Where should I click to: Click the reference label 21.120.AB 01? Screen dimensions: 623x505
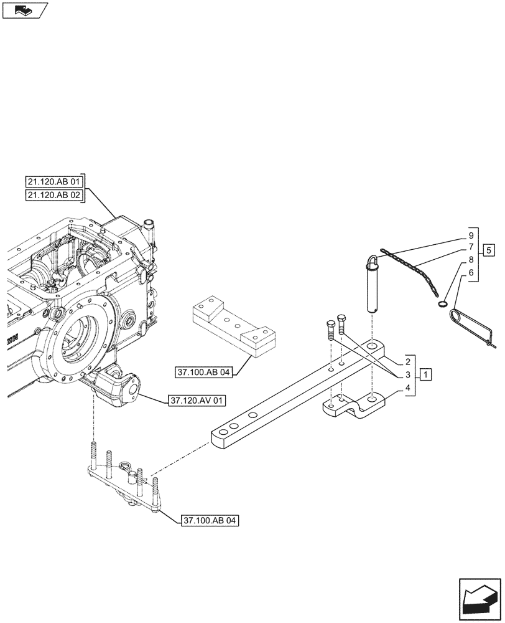[55, 181]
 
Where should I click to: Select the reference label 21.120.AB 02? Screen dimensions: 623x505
[55, 196]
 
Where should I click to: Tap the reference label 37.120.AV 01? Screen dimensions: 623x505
[195, 401]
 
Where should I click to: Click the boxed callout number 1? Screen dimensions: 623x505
[425, 374]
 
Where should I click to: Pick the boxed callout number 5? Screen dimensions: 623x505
[489, 250]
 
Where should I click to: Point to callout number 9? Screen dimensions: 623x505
[471, 236]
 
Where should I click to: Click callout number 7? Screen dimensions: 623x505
[471, 247]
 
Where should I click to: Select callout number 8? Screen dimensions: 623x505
[471, 259]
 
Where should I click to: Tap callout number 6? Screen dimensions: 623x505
[471, 272]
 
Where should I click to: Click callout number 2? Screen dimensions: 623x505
[407, 361]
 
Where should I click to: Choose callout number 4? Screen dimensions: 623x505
[407, 389]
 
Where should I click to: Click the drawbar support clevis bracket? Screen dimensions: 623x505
[351, 406]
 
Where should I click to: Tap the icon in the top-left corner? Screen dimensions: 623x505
[25, 10]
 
